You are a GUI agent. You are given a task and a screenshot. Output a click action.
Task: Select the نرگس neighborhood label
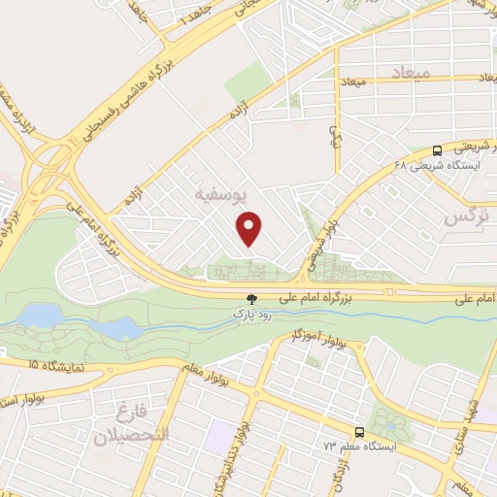point(464,218)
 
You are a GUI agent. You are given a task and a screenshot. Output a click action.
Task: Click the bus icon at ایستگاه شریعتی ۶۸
point(439,150)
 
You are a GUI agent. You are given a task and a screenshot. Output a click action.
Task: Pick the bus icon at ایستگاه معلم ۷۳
point(359,432)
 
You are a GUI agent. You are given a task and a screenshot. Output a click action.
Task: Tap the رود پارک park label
point(250,315)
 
